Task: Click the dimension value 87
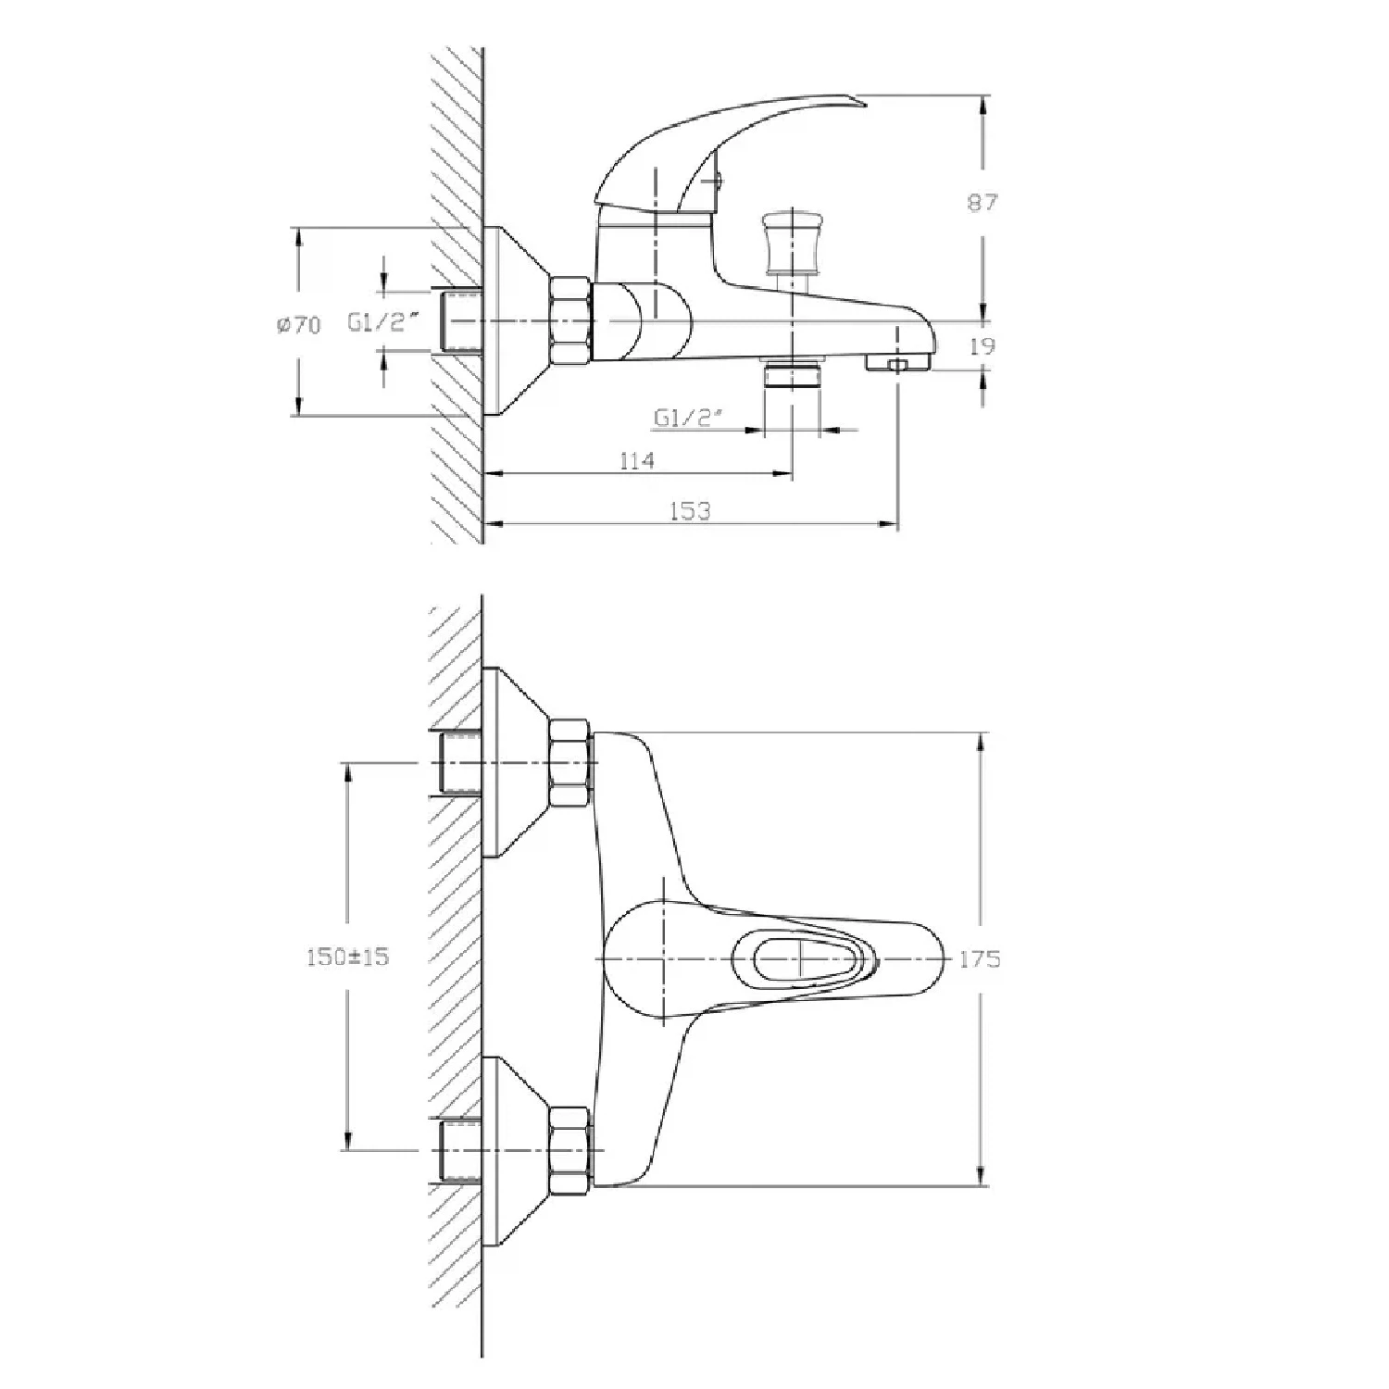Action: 982,201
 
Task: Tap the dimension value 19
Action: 982,345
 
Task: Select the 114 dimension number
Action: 636,459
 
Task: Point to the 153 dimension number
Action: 690,510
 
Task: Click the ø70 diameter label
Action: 298,325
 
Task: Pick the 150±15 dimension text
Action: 347,957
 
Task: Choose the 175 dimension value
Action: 980,959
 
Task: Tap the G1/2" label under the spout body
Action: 687,419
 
